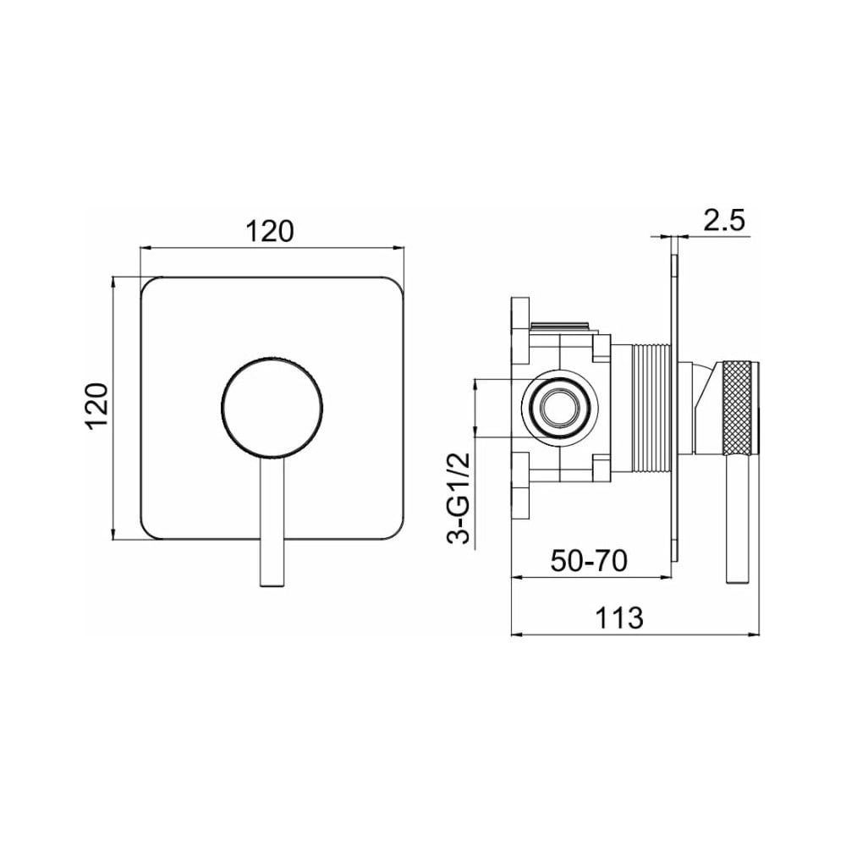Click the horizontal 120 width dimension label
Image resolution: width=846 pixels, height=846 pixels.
click(270, 232)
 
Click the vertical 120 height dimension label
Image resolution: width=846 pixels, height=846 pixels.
click(97, 406)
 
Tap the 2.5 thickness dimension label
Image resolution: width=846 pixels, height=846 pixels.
click(724, 220)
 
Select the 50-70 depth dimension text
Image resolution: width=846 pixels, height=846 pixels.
click(589, 560)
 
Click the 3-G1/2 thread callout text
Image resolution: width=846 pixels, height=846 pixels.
click(459, 498)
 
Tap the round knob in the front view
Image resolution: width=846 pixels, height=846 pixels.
click(272, 407)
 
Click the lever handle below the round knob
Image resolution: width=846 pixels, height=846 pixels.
click(272, 522)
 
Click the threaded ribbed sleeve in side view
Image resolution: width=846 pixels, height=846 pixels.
click(651, 407)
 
